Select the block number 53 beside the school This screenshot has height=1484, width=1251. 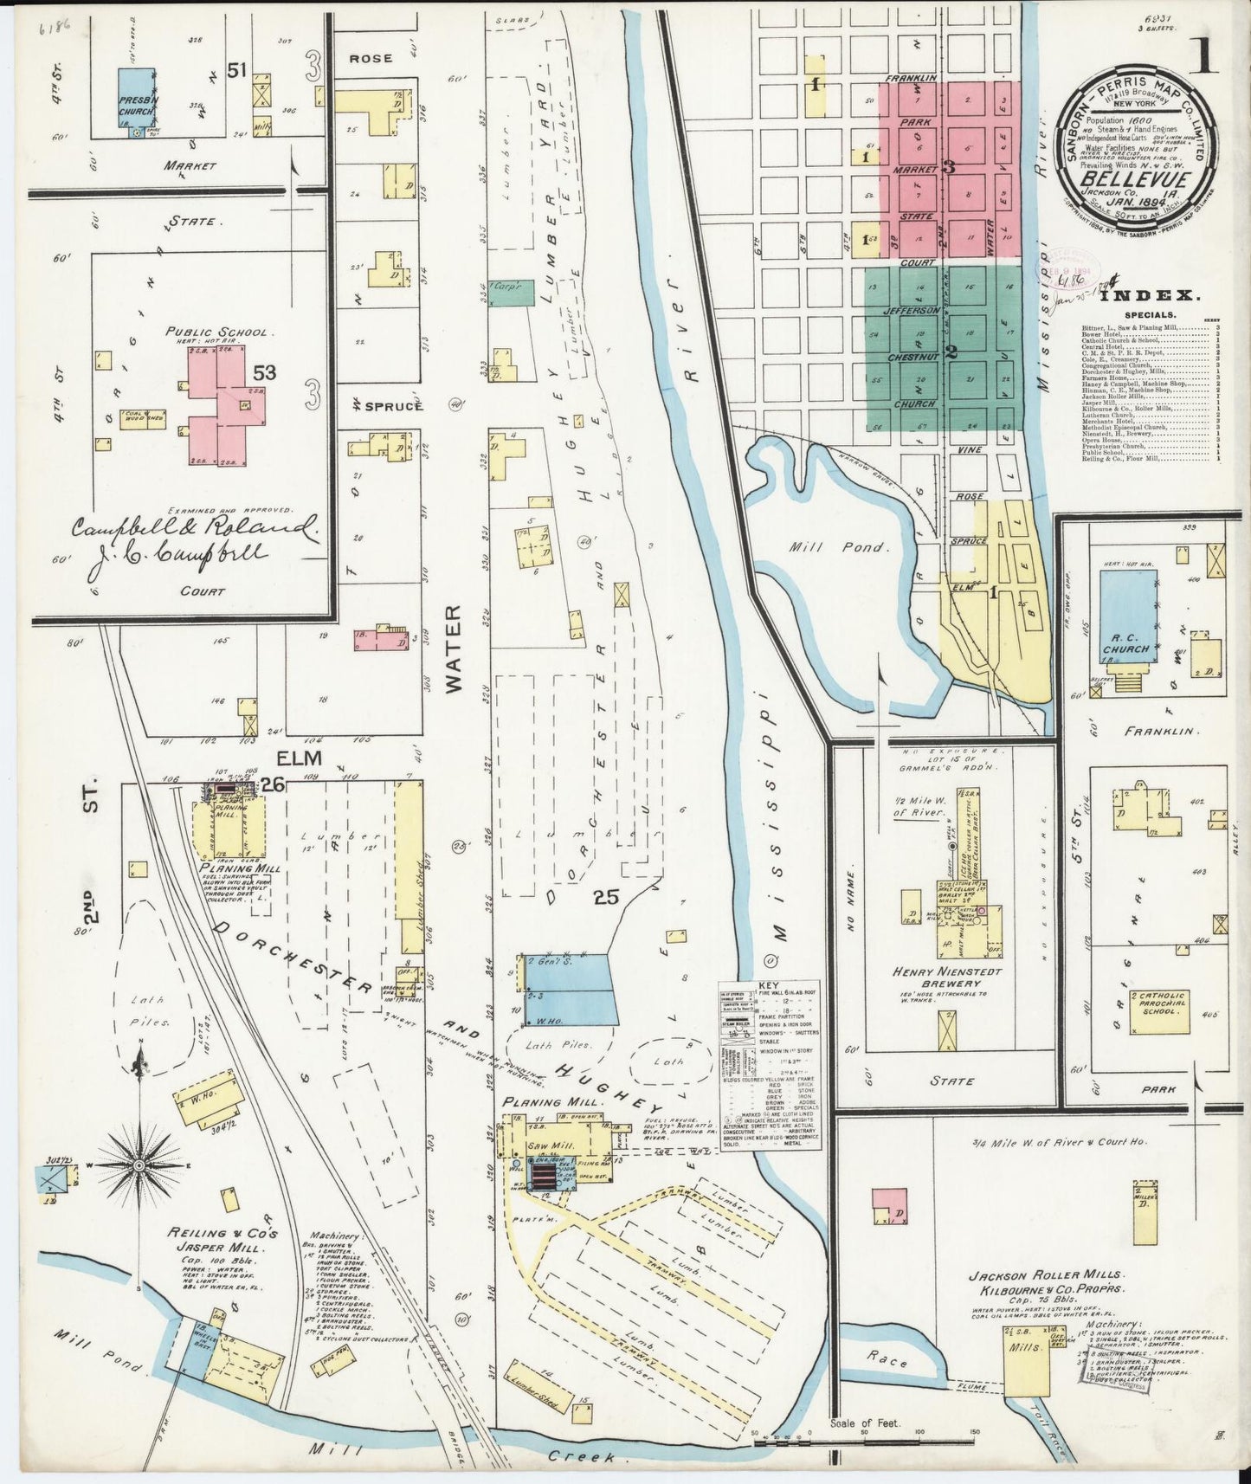pos(265,373)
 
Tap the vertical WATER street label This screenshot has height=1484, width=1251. pos(456,649)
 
